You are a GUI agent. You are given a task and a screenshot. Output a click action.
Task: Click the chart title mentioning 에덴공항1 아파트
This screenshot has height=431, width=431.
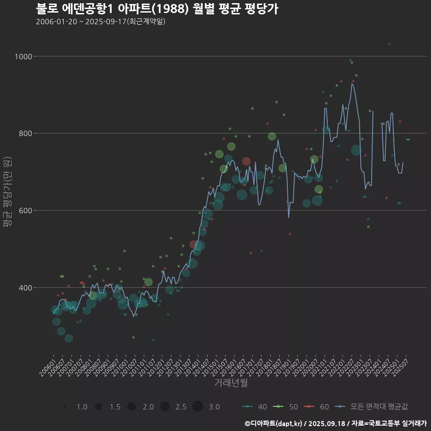pyautogui.click(x=157, y=9)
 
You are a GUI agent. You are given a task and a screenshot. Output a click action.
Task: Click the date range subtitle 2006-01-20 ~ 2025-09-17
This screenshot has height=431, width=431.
pyautogui.click(x=101, y=22)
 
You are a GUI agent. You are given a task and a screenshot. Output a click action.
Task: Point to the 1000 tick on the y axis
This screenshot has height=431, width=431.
pyautogui.click(x=23, y=57)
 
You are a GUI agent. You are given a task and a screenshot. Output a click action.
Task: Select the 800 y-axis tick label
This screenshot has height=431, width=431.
pyautogui.click(x=25, y=133)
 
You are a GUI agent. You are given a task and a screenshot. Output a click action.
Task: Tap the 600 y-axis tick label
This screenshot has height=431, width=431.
pyautogui.click(x=25, y=211)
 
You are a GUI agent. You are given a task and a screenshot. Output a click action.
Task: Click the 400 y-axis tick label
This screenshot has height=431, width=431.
pyautogui.click(x=25, y=288)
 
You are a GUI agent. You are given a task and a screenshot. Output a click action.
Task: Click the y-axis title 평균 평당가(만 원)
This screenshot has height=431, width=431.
pyautogui.click(x=8, y=194)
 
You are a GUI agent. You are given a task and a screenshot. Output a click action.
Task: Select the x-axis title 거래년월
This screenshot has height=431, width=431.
pyautogui.click(x=231, y=383)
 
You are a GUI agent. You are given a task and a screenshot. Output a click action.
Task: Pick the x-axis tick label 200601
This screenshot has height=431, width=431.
pyautogui.click(x=48, y=370)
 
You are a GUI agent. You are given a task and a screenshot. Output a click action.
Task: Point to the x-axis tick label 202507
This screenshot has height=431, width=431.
pyautogui.click(x=400, y=370)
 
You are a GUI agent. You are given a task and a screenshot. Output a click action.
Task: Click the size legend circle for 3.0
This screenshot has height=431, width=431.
pyautogui.click(x=198, y=407)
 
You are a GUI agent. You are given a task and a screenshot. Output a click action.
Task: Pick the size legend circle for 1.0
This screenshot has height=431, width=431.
pyautogui.click(x=66, y=407)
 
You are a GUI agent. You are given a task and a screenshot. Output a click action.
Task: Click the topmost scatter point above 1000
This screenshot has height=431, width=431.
pyautogui.click(x=389, y=44)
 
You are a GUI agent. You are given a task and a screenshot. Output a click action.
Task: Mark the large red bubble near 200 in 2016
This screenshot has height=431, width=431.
pyautogui.click(x=246, y=162)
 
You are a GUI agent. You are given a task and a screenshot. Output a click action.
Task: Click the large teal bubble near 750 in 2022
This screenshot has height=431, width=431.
pyautogui.click(x=356, y=150)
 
